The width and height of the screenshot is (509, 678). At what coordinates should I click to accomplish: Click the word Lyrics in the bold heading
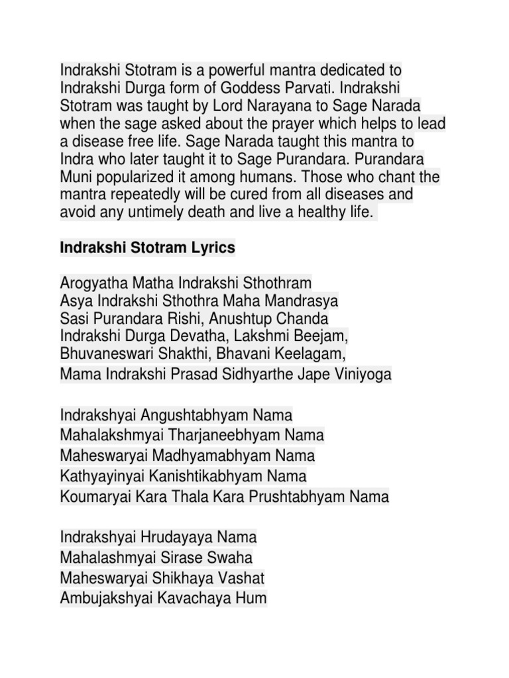coord(214,248)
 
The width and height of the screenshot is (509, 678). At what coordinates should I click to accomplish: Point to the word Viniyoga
coord(364,375)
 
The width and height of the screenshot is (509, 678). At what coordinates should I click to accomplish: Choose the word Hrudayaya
coord(183,537)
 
